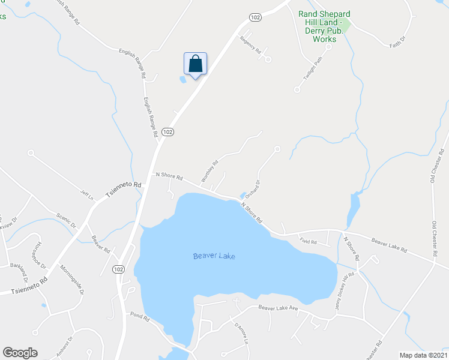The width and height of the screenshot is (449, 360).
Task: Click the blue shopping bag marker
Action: coord(195,64)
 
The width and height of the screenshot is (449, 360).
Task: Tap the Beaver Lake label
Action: coord(214,256)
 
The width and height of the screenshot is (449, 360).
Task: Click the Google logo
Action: coord(20,353)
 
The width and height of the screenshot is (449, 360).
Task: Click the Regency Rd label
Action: coord(251,46)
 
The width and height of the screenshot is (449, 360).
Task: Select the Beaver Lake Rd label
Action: coord(389,245)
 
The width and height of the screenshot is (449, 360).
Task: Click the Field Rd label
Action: coord(308,241)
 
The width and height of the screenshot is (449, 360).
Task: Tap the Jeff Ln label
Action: coord(88,194)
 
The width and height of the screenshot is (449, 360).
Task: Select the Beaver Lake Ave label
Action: coord(278,308)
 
